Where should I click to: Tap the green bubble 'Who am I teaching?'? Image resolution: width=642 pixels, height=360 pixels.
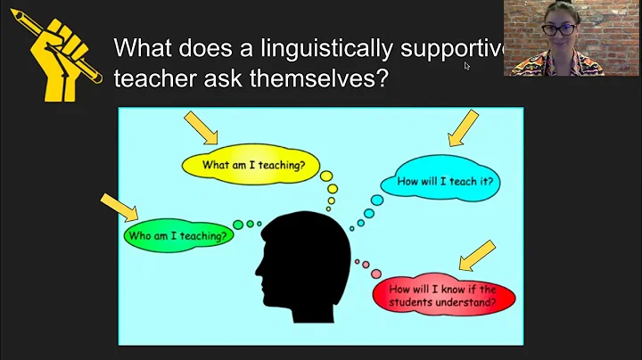177,235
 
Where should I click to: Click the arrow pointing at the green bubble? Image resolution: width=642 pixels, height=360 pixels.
120,207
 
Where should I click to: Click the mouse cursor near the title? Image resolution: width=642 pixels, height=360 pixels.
467,65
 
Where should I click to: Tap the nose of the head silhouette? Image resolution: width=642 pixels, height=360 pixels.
258,266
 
